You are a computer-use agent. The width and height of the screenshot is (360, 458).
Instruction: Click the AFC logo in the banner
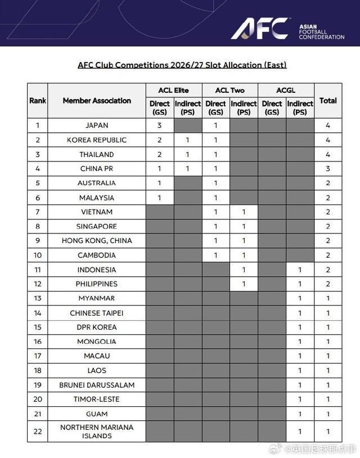(x=261, y=28)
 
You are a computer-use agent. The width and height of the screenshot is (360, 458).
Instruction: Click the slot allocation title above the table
(x=182, y=65)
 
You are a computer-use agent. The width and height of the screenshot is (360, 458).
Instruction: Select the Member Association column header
(x=97, y=101)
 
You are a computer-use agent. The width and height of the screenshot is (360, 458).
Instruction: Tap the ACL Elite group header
(x=173, y=90)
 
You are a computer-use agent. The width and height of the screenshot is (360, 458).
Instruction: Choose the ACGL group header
(x=286, y=90)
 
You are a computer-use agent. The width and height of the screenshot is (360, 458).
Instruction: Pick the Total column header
(x=328, y=101)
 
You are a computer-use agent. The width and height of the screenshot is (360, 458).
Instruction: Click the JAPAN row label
(x=97, y=125)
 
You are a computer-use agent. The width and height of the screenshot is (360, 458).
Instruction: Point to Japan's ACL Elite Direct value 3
(x=160, y=125)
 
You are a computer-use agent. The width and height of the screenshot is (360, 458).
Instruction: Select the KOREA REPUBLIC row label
(x=97, y=140)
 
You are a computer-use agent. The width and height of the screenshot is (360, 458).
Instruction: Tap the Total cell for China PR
(x=328, y=169)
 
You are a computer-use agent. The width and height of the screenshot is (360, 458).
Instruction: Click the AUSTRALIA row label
(x=97, y=183)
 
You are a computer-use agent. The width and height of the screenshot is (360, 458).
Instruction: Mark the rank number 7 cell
(x=38, y=212)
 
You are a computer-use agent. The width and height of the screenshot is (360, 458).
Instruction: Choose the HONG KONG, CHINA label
(x=97, y=241)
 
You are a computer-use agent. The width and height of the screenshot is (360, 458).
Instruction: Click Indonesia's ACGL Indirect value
(x=300, y=270)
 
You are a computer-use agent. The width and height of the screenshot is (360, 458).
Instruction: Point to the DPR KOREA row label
(x=97, y=327)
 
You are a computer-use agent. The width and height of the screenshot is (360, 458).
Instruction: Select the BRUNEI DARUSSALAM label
(x=97, y=385)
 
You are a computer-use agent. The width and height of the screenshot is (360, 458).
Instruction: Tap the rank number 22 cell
(x=38, y=431)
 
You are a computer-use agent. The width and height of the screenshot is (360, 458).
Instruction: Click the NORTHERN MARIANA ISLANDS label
(x=97, y=431)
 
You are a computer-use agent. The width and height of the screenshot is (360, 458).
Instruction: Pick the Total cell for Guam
(x=328, y=414)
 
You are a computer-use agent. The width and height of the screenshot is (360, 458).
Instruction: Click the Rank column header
(x=38, y=101)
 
